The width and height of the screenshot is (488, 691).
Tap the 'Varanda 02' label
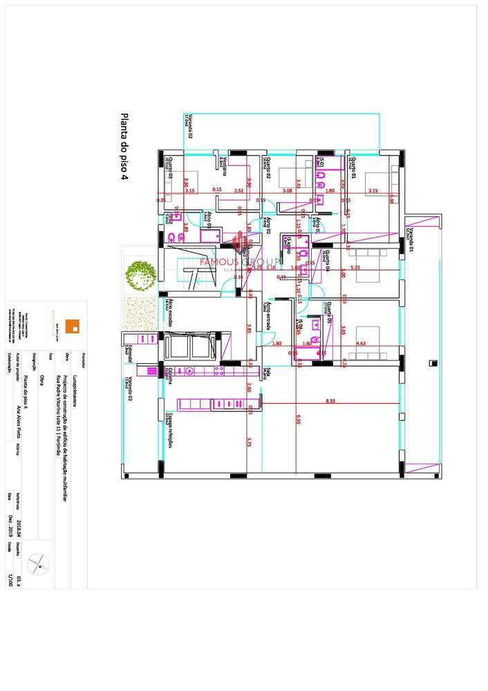(187, 127)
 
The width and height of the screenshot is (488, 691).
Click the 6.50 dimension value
(299, 420)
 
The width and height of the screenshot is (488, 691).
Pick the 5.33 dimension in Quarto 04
(355, 267)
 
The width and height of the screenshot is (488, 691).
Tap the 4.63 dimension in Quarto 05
(360, 342)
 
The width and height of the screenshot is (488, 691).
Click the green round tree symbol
(140, 276)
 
